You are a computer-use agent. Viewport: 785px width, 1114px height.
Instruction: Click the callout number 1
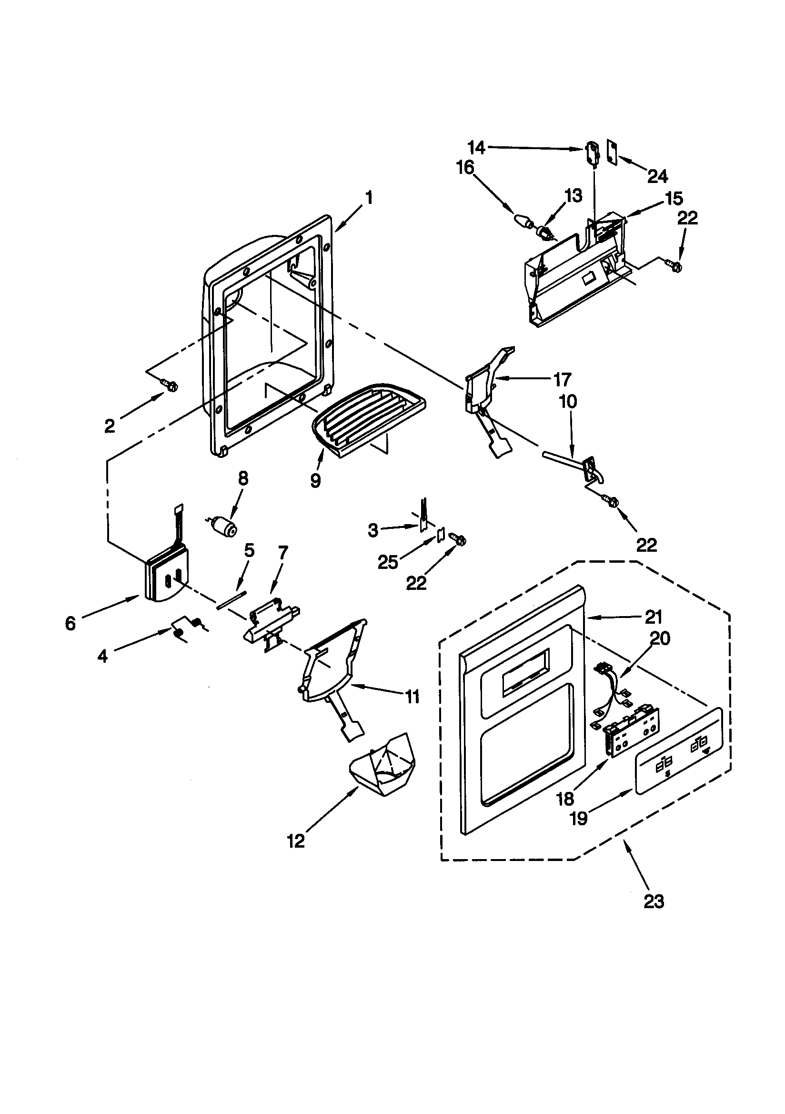pyautogui.click(x=369, y=198)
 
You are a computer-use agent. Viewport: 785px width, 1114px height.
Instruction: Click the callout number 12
pyautogui.click(x=296, y=841)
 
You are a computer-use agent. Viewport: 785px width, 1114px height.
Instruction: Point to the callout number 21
pyautogui.click(x=654, y=617)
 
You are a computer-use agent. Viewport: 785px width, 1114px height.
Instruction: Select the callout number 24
pyautogui.click(x=657, y=176)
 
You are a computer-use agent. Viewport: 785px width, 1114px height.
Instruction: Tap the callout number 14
pyautogui.click(x=476, y=148)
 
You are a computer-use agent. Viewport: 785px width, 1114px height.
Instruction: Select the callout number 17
pyautogui.click(x=562, y=379)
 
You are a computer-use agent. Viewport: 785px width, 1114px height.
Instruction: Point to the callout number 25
pyautogui.click(x=388, y=562)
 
